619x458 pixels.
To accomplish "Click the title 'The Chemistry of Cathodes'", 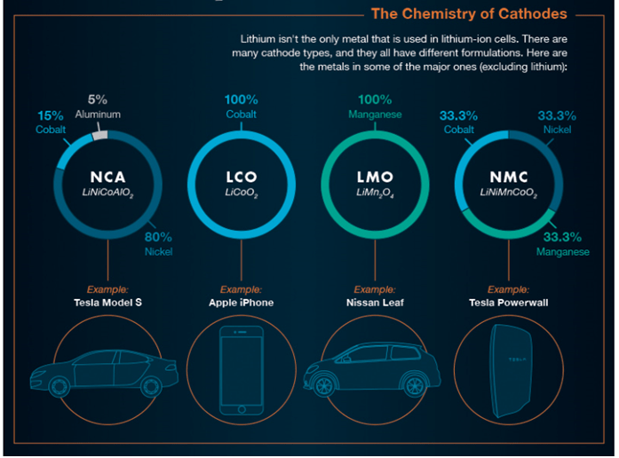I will click(469, 13).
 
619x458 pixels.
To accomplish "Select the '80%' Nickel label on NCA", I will click(158, 237).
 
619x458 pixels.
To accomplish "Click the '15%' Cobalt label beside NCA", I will click(51, 115).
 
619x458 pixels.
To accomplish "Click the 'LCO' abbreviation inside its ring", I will click(242, 177).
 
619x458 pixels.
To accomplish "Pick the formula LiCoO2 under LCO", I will click(242, 193).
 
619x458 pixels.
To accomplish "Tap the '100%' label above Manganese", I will click(375, 100).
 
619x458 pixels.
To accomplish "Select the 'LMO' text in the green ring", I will click(373, 177).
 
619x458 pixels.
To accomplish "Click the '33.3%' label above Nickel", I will click(557, 115).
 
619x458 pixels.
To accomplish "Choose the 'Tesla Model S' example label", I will click(107, 303).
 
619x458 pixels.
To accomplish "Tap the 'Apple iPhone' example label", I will click(242, 303).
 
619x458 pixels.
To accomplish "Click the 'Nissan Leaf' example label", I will click(374, 303).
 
